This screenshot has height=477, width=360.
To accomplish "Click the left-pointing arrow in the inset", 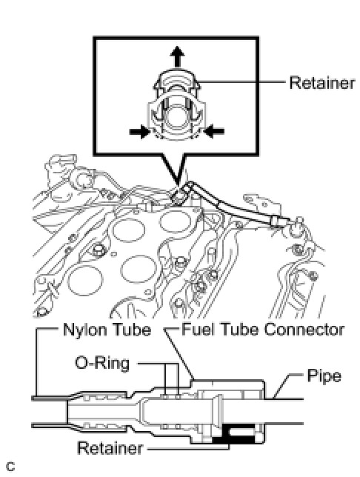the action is (x=214, y=132).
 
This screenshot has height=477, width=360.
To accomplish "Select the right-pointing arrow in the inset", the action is (x=140, y=132).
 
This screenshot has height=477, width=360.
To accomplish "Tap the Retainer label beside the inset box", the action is (x=322, y=83).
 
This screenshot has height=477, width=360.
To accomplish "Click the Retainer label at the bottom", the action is (x=110, y=448).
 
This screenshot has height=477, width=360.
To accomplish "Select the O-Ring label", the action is (x=102, y=363).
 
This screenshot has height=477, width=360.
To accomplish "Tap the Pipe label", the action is (x=324, y=376).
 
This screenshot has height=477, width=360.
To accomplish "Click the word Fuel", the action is (x=197, y=330).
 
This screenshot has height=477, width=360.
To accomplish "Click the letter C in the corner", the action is (x=10, y=467).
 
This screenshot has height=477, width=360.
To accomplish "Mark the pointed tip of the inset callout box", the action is (x=178, y=184).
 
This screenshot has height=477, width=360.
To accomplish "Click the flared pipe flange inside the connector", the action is (x=219, y=411).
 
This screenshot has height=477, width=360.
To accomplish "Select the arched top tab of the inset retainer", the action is (x=176, y=80).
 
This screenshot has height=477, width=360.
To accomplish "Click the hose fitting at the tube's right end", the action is (x=276, y=223).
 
